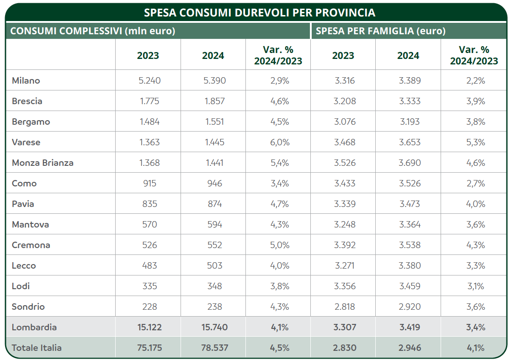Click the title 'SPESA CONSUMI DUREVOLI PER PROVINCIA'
click(x=259, y=12)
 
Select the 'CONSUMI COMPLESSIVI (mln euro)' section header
click(x=93, y=32)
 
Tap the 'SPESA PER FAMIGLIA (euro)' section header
click(x=380, y=32)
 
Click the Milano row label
click(x=26, y=80)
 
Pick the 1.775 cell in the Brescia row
click(x=149, y=101)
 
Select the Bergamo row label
click(x=31, y=122)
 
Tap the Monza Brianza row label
click(x=43, y=163)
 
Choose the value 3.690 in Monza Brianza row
click(x=410, y=163)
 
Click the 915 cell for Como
click(x=149, y=183)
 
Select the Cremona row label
click(x=31, y=245)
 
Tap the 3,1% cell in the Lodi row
click(x=475, y=286)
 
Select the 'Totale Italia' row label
click(x=37, y=348)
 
